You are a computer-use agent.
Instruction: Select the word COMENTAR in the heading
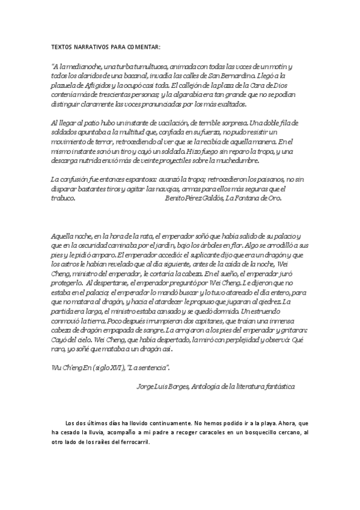[144, 46]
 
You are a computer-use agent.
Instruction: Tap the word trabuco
[63, 198]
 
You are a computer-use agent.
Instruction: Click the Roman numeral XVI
[115, 367]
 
